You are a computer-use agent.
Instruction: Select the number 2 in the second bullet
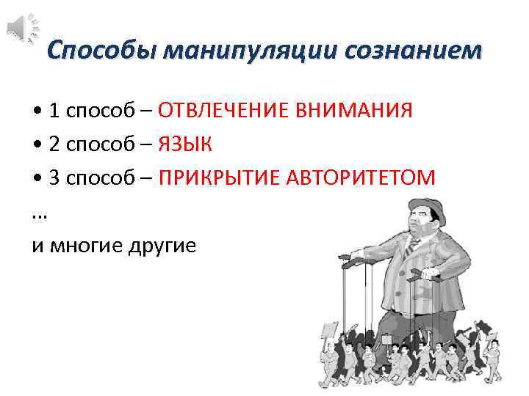[x=55, y=144]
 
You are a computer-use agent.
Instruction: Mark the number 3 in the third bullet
[x=55, y=177]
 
